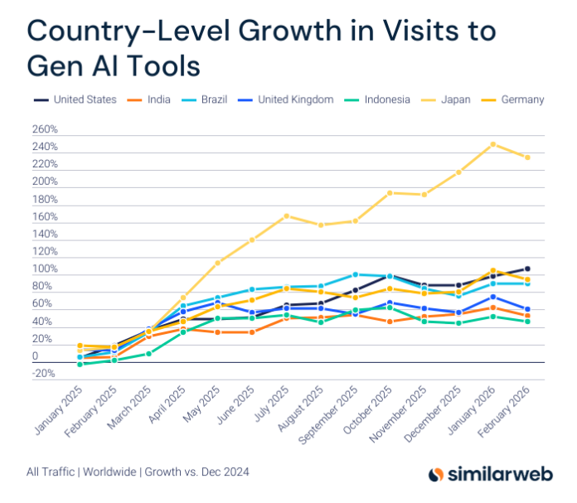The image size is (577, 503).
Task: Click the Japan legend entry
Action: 454,99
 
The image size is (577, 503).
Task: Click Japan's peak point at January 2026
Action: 492,144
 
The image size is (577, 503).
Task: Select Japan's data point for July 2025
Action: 286,216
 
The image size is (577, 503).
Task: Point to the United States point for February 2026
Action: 527,268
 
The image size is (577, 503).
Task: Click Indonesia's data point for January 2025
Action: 80,364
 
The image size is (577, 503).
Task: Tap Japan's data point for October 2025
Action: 389,193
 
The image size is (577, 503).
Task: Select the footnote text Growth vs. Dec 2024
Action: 196,472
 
